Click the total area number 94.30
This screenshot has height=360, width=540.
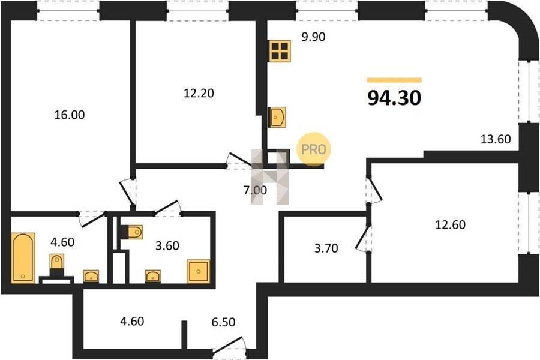(394, 98)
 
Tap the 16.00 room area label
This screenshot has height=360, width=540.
(70, 115)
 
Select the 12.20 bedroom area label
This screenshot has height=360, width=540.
(199, 93)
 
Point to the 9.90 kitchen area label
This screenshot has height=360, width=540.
(313, 37)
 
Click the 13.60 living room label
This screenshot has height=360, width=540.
(496, 139)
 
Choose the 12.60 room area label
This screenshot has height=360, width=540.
(451, 224)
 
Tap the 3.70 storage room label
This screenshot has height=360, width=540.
(326, 248)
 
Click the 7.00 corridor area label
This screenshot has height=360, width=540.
(255, 190)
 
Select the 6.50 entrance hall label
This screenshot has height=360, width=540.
(224, 322)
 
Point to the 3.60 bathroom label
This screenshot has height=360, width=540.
(167, 245)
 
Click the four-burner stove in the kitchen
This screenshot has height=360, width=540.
(280, 51)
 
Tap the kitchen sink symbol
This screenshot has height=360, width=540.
(277, 117)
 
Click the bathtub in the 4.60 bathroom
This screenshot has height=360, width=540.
(23, 258)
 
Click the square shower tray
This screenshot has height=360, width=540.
(199, 271)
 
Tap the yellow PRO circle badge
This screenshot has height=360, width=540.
(314, 149)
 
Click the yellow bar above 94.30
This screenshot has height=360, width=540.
(394, 80)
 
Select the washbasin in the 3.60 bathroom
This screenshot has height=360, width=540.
(153, 276)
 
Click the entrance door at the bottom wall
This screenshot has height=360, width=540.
(229, 346)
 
